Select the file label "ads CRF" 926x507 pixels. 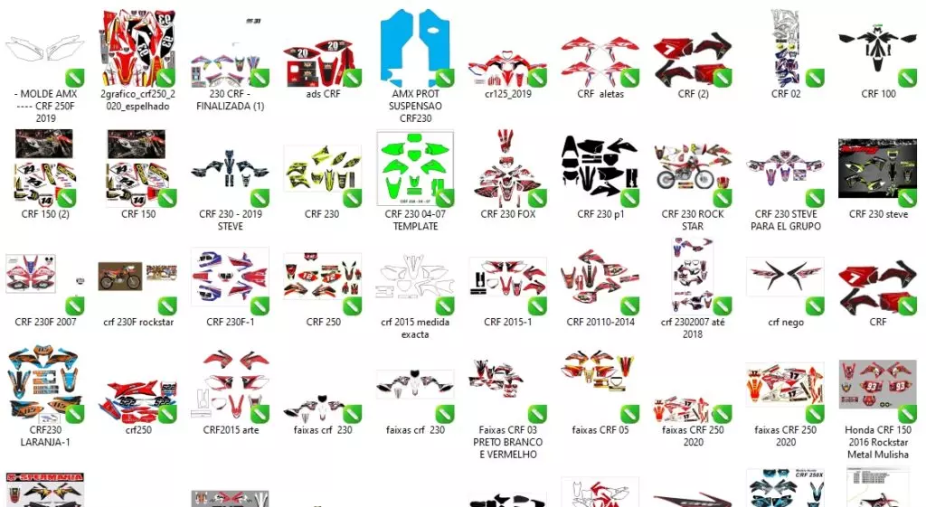(x=323, y=94)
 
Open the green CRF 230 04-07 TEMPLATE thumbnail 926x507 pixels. (x=415, y=168)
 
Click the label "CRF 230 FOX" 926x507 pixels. (x=508, y=214)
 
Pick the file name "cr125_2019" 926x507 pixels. (x=508, y=94)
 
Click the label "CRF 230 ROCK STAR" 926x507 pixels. (x=693, y=221)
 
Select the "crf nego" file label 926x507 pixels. (x=786, y=323)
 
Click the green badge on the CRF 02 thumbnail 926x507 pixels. (x=815, y=78)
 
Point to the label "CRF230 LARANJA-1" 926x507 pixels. (x=45, y=437)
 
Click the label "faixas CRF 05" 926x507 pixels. (x=600, y=430)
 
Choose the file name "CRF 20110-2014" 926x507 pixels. (x=600, y=323)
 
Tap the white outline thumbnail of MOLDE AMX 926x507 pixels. (x=45, y=49)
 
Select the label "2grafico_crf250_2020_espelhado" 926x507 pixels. (x=138, y=100)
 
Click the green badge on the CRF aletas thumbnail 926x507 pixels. (x=629, y=78)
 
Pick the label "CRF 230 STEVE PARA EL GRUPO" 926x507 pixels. (x=786, y=221)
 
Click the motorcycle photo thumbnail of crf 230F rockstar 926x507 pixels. (x=120, y=277)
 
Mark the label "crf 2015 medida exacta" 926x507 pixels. (x=415, y=328)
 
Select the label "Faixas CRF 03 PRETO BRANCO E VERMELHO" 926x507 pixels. (x=508, y=443)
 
